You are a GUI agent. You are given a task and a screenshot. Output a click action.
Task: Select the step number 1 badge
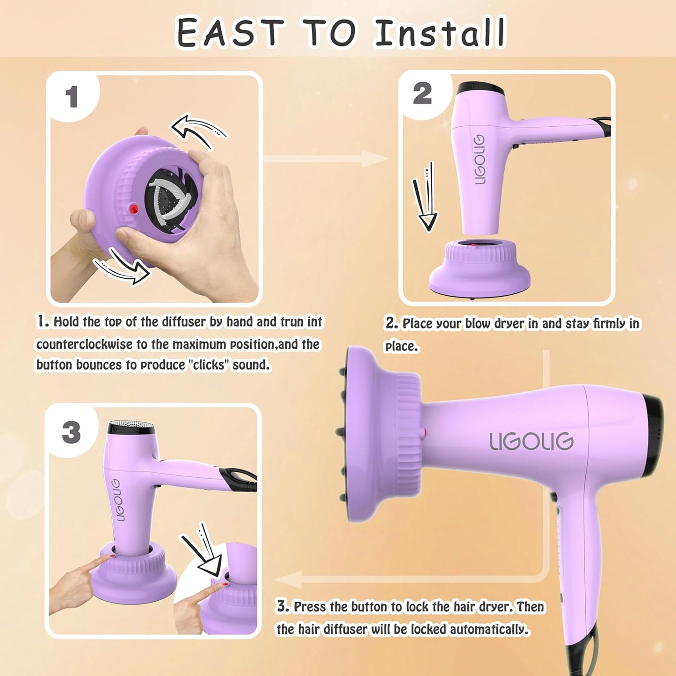[72, 97]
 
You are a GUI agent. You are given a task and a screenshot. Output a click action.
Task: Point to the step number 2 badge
[422, 94]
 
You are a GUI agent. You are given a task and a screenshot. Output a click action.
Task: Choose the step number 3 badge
[71, 432]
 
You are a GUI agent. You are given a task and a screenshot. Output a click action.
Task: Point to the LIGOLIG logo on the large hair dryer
[531, 442]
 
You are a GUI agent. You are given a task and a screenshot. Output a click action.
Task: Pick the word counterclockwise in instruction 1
[85, 345]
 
